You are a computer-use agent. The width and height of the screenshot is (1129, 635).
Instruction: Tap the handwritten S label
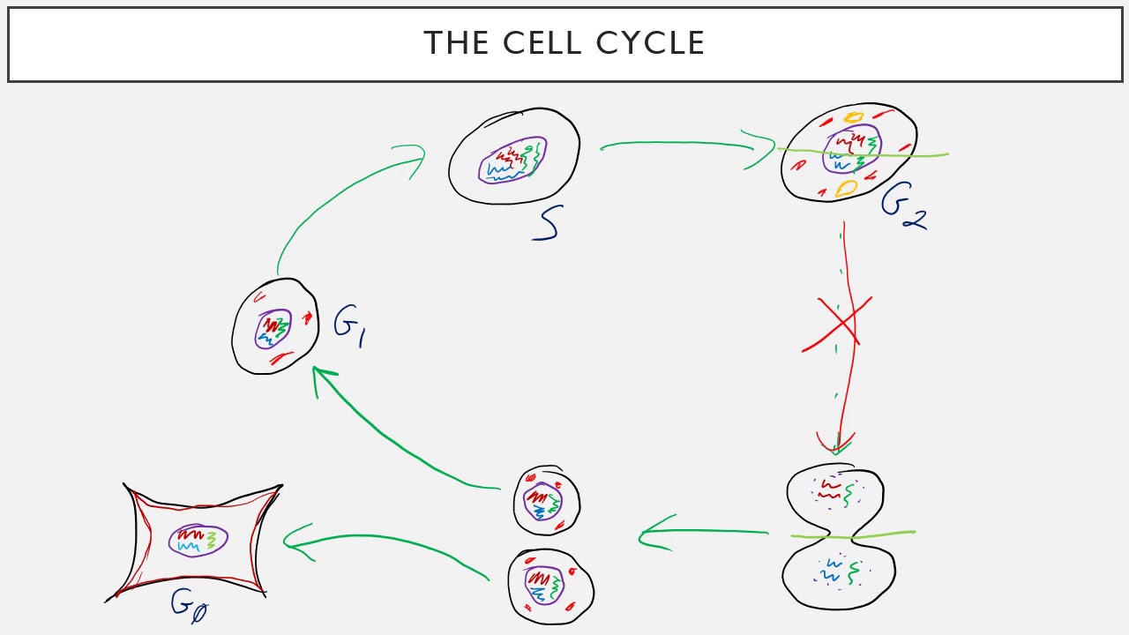pos(547,224)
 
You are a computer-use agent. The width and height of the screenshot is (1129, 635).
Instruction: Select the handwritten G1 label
pos(350,325)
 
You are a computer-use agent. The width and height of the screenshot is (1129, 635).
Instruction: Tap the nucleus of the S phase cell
pos(512,160)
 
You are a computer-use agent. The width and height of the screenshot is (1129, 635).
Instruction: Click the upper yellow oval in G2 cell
pos(853,116)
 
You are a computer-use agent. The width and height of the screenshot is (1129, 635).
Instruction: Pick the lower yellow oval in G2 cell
pos(846,187)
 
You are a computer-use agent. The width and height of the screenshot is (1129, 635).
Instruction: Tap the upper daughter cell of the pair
pos(546,501)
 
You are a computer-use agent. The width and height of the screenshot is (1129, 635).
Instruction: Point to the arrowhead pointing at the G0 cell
pos(294,541)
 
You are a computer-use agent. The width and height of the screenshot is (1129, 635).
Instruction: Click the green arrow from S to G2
pos(679,143)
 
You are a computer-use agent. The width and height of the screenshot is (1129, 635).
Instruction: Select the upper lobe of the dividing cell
pos(835,497)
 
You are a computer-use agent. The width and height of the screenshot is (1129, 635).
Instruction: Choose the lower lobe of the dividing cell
pos(838,572)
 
